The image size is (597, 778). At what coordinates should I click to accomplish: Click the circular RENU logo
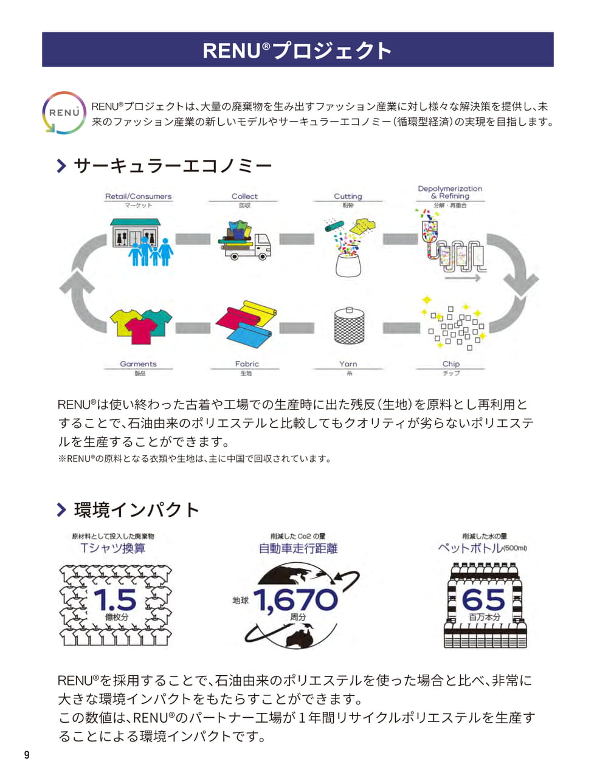click(64, 113)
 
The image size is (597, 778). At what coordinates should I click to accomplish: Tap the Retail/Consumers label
click(138, 196)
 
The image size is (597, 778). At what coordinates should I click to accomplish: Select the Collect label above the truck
click(244, 196)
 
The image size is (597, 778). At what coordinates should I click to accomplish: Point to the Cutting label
click(348, 196)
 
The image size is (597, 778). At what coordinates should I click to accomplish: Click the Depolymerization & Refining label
click(450, 192)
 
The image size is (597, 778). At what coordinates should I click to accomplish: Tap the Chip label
click(451, 363)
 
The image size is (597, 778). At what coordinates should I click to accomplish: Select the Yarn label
click(348, 363)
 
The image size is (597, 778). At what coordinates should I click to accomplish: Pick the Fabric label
click(247, 363)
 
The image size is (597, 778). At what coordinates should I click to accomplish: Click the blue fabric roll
click(249, 335)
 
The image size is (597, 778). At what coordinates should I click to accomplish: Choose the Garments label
click(138, 363)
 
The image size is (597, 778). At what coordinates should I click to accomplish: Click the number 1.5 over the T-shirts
click(115, 599)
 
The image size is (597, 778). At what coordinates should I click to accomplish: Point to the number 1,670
click(296, 600)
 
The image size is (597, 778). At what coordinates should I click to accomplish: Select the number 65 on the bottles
click(483, 599)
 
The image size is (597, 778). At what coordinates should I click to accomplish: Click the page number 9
click(27, 754)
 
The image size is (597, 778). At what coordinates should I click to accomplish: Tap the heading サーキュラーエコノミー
click(173, 166)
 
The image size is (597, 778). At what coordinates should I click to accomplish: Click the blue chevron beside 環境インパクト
click(61, 509)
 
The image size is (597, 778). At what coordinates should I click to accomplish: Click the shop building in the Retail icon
click(136, 233)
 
